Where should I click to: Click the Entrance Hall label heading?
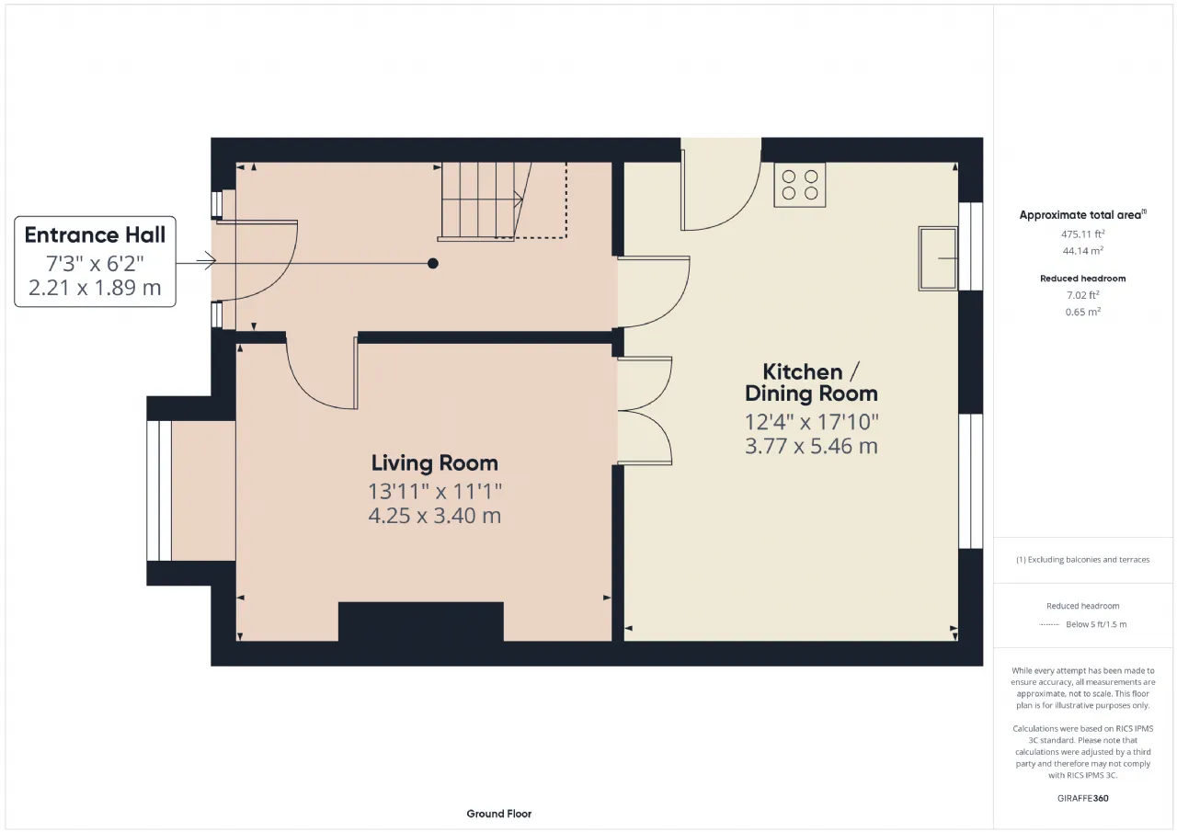click(95, 234)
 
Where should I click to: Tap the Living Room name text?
click(435, 462)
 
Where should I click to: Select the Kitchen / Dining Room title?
click(811, 382)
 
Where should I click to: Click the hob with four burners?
click(800, 185)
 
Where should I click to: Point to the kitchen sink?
click(938, 258)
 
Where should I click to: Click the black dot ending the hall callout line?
click(433, 264)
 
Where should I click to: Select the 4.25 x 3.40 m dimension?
click(435, 515)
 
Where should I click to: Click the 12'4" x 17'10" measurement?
click(811, 422)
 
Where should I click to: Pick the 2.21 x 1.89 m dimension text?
click(95, 288)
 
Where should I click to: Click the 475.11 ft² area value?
click(1082, 234)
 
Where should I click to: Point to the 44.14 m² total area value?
click(1082, 251)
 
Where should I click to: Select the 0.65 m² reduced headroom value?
click(1082, 312)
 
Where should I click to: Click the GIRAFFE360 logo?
click(1082, 798)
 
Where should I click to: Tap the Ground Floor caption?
click(498, 814)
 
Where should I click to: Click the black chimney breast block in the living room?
click(420, 621)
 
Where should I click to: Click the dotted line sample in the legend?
click(1049, 624)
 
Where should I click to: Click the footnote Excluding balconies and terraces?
click(1082, 560)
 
